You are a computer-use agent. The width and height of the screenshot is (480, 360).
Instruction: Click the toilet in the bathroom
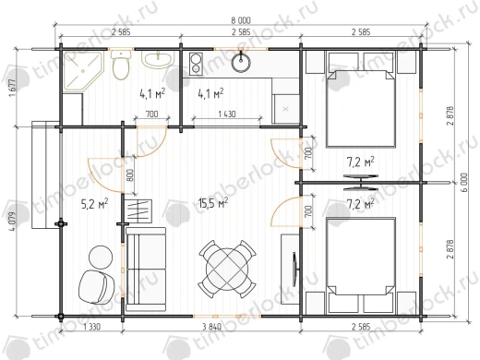pos(121,66)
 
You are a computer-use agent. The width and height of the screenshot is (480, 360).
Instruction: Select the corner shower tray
pos(82,71)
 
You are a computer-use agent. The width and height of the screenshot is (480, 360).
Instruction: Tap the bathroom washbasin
pos(158,60)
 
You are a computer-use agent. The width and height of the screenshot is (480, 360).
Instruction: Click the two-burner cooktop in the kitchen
pos(196,64)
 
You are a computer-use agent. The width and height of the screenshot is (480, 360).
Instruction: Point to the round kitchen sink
pos(241,63)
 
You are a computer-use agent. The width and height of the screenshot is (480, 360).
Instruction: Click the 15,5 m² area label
pos(213,203)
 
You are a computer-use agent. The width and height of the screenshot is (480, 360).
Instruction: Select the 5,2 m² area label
pos(94,204)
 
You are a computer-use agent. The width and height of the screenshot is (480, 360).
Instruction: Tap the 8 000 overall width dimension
pos(241,20)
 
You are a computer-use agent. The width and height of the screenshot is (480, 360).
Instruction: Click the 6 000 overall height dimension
pos(464,183)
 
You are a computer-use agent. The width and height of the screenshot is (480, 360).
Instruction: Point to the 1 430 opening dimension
pos(227,114)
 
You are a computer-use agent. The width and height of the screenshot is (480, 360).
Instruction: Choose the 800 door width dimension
pos(130,175)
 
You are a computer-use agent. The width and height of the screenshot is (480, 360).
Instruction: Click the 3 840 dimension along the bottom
pos(212,327)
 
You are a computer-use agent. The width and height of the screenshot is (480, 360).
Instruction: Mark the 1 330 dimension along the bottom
pos(91,327)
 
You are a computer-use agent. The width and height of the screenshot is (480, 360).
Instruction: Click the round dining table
pos(227,269)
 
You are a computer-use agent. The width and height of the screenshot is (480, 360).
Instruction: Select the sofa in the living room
pos(146,270)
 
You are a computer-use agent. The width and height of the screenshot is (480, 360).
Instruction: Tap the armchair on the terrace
pos(96,287)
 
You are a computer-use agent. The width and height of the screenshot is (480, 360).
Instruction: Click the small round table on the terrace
pos(101,257)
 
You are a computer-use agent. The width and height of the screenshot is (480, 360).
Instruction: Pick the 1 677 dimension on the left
pos(12,88)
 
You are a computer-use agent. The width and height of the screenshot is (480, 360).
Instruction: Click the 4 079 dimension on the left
pos(12,222)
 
